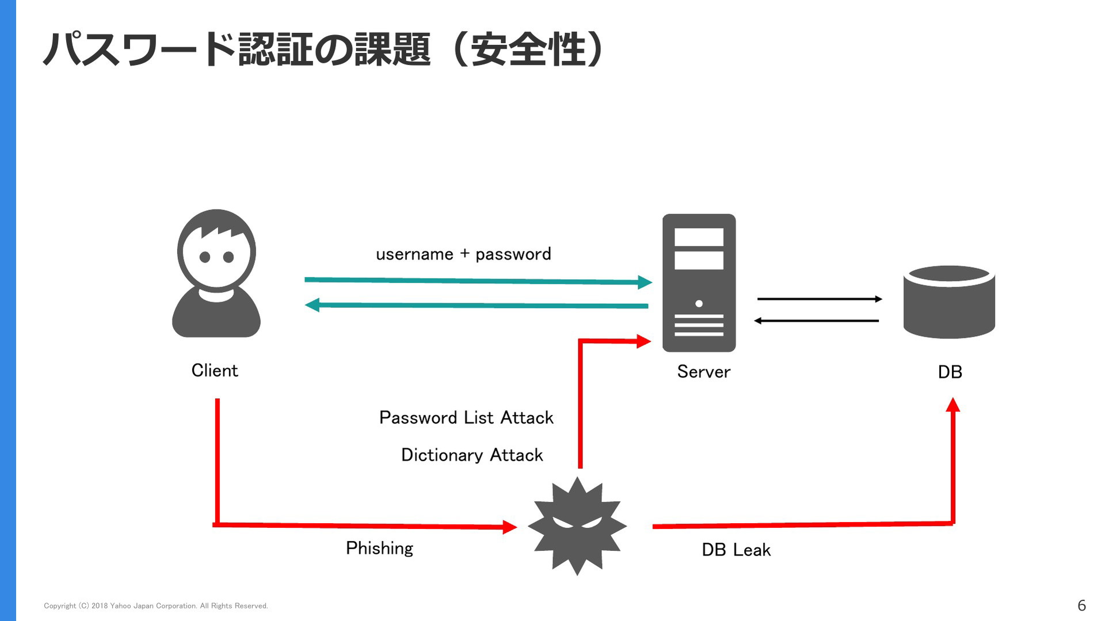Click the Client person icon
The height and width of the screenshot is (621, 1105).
coord(216,273)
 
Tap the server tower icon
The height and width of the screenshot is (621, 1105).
coord(699,283)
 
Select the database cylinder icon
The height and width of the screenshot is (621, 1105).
coord(949,302)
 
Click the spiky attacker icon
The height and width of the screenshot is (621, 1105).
coord(577,525)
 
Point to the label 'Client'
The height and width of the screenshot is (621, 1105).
coord(215,370)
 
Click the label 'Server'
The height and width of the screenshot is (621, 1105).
coord(703,371)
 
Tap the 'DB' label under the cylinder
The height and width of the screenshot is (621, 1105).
coord(950,372)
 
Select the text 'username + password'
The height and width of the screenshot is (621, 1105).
coord(463,254)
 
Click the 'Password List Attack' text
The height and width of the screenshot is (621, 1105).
coord(466,417)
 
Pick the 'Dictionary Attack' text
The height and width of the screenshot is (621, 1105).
coord(472,455)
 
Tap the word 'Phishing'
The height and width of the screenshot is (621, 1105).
coord(379,548)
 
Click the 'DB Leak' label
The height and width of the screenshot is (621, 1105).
coord(736,550)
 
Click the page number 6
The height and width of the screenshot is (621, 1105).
coord(1081,605)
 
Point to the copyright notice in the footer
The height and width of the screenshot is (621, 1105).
coord(156,605)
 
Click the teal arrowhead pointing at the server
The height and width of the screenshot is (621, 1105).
coord(645,282)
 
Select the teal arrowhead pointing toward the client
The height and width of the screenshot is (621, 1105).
coord(312,304)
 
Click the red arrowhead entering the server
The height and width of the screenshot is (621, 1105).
coord(644,341)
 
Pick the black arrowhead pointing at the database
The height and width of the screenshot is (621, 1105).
coord(879,299)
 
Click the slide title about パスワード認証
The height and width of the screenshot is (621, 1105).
coord(323,49)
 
